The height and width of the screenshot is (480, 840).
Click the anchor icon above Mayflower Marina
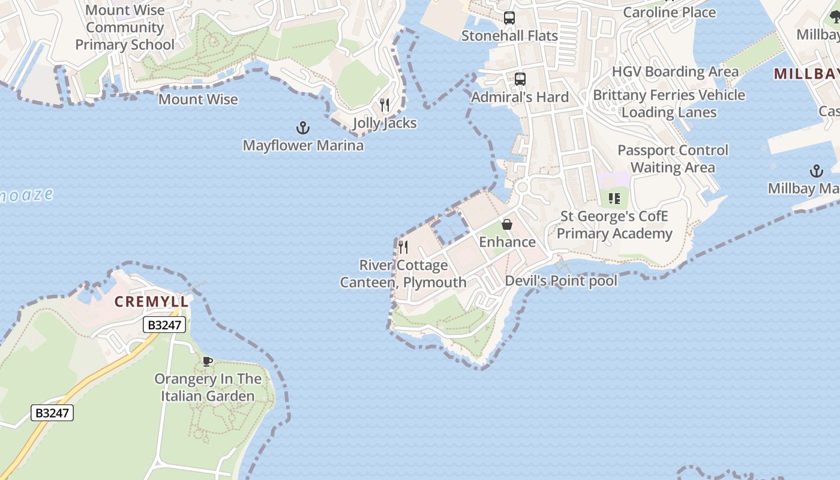click(x=303, y=128)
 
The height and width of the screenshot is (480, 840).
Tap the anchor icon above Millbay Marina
click(x=816, y=171)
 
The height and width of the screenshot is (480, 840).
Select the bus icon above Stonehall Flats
click(x=509, y=18)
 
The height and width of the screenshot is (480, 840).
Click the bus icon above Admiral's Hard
click(x=520, y=79)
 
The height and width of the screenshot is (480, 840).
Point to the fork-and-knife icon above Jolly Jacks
click(x=385, y=105)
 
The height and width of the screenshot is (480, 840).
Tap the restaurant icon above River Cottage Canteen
click(x=403, y=247)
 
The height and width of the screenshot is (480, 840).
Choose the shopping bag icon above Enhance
click(x=507, y=224)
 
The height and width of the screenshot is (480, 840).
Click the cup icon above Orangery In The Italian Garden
click(x=208, y=361)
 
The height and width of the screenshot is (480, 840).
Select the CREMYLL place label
click(x=152, y=302)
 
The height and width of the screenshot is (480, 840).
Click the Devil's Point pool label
click(x=561, y=281)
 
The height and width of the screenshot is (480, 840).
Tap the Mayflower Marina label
click(x=303, y=145)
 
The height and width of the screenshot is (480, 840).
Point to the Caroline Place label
click(x=670, y=12)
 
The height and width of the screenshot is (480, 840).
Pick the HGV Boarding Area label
click(x=676, y=72)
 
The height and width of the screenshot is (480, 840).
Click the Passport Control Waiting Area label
click(x=673, y=158)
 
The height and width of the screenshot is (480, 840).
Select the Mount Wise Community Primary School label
click(x=125, y=28)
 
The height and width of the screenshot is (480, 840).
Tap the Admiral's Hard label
click(x=520, y=97)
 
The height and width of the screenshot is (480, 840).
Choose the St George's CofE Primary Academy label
click(x=614, y=225)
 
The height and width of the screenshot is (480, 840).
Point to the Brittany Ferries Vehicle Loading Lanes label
click(x=669, y=104)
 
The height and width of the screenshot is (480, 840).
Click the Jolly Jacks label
click(x=385, y=123)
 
